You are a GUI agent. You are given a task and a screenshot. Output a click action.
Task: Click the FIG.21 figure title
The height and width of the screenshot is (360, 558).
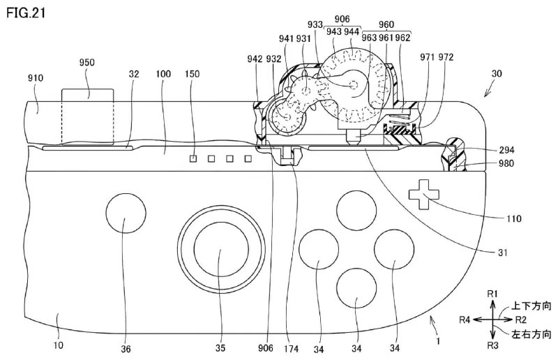(26, 13)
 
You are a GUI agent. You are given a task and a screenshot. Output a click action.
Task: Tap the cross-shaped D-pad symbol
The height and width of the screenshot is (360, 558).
(423, 195)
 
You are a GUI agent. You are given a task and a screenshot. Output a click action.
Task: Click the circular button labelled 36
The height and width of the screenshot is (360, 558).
(126, 213)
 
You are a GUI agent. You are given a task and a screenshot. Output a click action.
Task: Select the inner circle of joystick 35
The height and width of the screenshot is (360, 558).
(221, 249)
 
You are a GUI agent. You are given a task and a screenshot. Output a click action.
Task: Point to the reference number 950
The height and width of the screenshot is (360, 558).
(86, 62)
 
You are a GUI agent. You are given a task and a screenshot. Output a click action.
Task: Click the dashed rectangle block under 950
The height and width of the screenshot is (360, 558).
(88, 117)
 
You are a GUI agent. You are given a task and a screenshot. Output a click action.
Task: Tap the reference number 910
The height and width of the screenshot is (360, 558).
(36, 78)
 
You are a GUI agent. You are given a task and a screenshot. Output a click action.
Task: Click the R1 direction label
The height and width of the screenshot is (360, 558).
(492, 294)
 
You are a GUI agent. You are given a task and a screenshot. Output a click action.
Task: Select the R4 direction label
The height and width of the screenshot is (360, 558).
(465, 320)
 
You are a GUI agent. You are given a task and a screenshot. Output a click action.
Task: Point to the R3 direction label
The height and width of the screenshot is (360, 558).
(492, 345)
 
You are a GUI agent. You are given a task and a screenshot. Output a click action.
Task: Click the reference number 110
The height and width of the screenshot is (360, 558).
(514, 218)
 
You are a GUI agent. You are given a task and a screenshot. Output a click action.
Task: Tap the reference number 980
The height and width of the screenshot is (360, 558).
(506, 163)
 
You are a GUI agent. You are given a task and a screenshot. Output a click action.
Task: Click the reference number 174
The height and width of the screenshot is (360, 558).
(291, 349)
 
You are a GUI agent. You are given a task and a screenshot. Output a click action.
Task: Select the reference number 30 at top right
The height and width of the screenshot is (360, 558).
(497, 73)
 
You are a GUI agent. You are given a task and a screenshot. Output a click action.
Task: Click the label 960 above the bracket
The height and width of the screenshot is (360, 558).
(386, 24)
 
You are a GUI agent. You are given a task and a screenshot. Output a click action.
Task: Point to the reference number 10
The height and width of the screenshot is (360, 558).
(59, 345)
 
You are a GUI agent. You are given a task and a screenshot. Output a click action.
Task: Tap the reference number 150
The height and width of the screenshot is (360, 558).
(193, 74)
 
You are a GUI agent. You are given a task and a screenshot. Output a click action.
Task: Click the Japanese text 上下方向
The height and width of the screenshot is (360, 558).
(531, 306)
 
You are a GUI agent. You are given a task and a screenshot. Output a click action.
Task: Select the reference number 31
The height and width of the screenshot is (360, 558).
(502, 253)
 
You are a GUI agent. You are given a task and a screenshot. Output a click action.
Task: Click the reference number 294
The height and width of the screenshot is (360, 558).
(506, 150)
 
